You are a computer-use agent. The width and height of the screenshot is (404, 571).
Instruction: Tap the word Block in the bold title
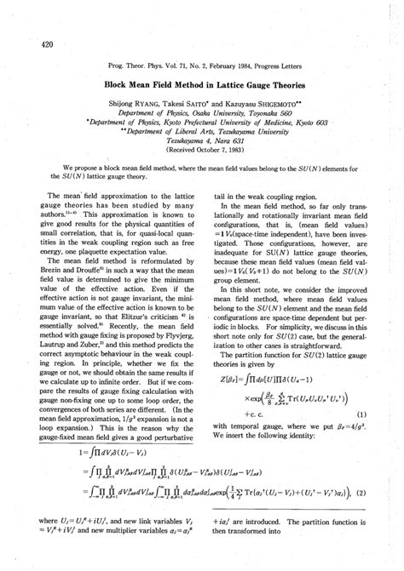coord(118,86)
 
